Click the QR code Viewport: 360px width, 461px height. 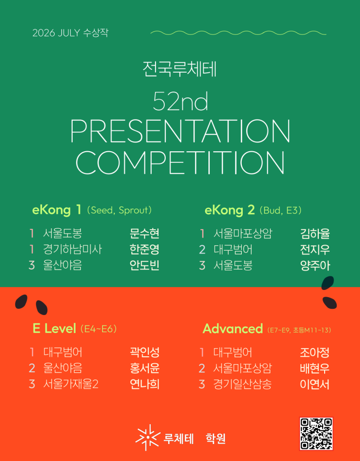316,434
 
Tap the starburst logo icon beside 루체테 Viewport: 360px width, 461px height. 147,437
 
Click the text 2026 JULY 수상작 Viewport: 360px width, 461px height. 70,33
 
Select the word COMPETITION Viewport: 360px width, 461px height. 180,162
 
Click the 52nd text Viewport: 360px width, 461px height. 180,101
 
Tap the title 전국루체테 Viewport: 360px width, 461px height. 180,69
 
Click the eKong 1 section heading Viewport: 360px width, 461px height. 57,210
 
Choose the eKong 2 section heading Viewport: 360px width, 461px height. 230,210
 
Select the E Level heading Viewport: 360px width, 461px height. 54,328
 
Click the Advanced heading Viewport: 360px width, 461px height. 233,328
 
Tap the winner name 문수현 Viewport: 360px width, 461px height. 144,234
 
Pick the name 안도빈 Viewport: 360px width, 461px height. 144,265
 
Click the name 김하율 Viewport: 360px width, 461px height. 315,234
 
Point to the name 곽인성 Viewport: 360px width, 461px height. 144,352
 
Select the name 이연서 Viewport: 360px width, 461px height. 314,384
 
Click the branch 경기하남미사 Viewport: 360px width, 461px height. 72,249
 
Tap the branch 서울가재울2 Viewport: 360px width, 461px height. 71,384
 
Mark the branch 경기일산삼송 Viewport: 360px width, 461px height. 242,384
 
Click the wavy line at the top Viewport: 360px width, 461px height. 238,32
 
